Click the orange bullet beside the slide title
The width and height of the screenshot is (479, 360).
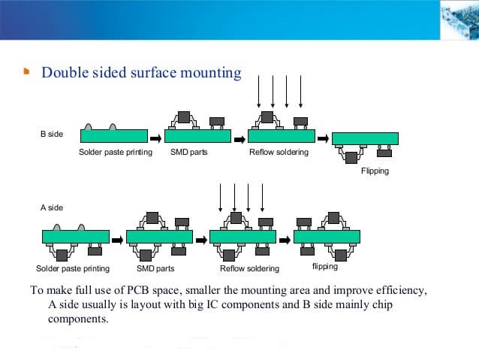[27, 73]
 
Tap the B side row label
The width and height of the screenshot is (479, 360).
[51, 134]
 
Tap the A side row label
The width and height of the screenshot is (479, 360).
[51, 207]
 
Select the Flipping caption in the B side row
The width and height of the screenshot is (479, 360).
[375, 171]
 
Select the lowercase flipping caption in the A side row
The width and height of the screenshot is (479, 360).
[324, 267]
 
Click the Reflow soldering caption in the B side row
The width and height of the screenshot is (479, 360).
[279, 153]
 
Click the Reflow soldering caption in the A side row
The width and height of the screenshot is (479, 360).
[249, 268]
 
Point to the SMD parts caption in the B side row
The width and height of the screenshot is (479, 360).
[188, 153]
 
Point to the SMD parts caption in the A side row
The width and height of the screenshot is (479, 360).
[155, 268]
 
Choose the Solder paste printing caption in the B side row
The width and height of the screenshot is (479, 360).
[116, 153]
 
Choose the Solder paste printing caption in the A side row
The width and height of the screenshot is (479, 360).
[73, 268]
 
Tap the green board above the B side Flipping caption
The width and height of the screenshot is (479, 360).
[365, 138]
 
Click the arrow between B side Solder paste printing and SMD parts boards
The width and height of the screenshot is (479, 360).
[155, 138]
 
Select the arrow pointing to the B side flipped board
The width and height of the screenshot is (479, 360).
[323, 138]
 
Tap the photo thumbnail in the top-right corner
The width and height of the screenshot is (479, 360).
[458, 19]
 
